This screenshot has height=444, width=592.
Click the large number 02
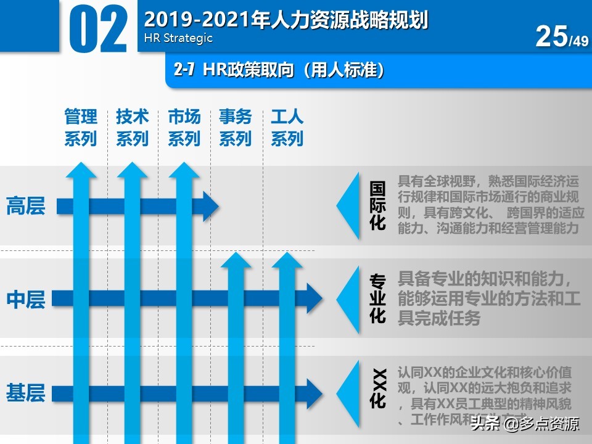(98, 30)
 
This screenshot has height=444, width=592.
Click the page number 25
(551, 36)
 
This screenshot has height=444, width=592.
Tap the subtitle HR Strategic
(178, 38)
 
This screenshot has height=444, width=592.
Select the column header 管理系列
(81, 128)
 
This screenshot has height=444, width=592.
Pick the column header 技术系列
(133, 128)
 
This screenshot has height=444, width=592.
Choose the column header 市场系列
(184, 128)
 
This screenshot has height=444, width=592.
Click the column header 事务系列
(236, 128)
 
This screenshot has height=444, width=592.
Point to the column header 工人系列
(287, 128)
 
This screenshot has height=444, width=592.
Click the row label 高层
(26, 206)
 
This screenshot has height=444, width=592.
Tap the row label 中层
(26, 300)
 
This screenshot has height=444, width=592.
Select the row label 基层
(26, 393)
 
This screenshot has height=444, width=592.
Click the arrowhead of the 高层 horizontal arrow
(211, 206)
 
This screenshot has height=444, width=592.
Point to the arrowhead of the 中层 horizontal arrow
(314, 300)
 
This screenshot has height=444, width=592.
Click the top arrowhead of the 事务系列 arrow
(236, 261)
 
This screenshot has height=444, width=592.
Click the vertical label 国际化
(377, 206)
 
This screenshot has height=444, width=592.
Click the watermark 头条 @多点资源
(524, 424)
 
